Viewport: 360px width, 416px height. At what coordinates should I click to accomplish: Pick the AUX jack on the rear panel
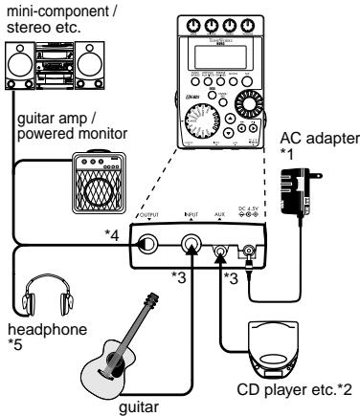[225, 251]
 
